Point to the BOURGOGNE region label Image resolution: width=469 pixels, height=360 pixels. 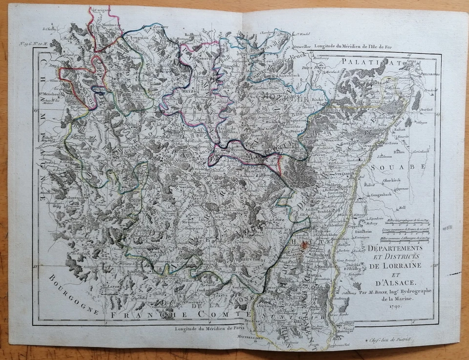click(x=73, y=294)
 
